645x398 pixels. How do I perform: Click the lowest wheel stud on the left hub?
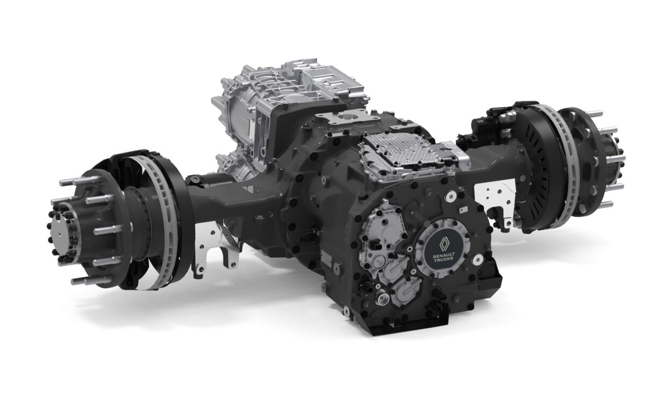pos(81,280)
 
